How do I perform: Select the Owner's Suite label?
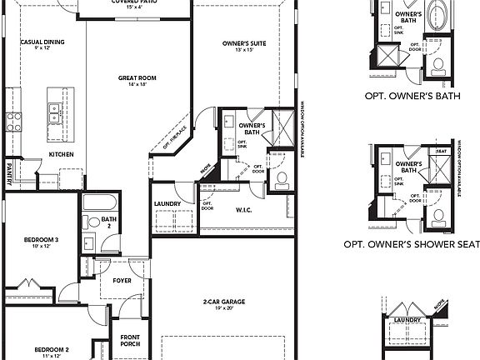pyautogui.click(x=243, y=42)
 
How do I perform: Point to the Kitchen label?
pyautogui.click(x=62, y=154)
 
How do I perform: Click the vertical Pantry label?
pyautogui.click(x=8, y=172)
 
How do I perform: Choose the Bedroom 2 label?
pyautogui.click(x=50, y=348)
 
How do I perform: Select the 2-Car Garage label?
pyautogui.click(x=222, y=302)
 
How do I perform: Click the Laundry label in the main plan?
pyautogui.click(x=168, y=203)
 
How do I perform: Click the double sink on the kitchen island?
pyautogui.click(x=55, y=112)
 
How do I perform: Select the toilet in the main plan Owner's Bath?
pyautogui.click(x=282, y=177)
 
